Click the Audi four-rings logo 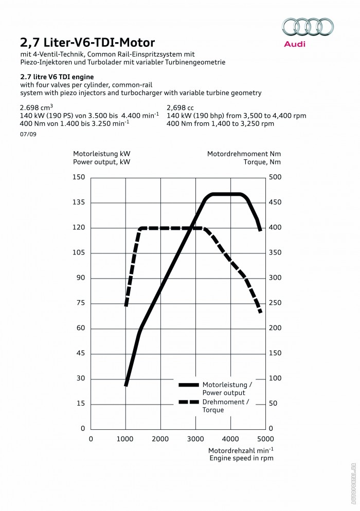[308, 27]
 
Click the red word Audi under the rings [295, 44]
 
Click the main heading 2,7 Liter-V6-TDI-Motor [87, 42]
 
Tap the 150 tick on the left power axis [79, 177]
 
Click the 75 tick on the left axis [80, 303]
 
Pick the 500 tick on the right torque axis [275, 177]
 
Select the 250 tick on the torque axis [275, 303]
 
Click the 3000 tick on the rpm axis [195, 439]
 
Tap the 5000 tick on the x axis [265, 439]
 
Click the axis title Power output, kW [101, 161]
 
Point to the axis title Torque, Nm [262, 161]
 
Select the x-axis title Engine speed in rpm [241, 458]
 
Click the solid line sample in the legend [188, 385]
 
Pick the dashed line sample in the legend [188, 401]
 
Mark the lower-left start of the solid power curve [126, 385]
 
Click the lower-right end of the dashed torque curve [261, 312]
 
